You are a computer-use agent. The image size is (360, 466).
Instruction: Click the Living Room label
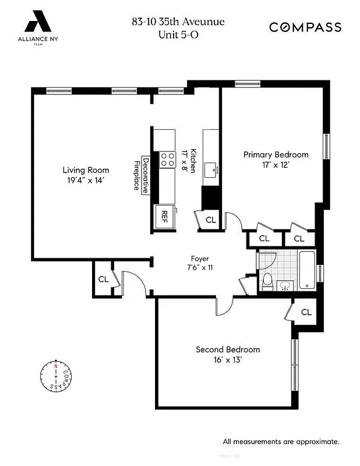tap(86, 170)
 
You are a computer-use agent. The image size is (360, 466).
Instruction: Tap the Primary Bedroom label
tap(276, 154)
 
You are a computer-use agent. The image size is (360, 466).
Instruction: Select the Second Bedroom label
tap(227, 349)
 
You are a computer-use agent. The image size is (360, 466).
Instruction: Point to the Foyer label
tap(200, 259)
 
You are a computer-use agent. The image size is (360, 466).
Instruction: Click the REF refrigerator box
tap(164, 214)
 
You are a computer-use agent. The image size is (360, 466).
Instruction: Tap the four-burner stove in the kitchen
tap(167, 159)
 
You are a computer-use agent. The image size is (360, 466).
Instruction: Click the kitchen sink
tap(211, 170)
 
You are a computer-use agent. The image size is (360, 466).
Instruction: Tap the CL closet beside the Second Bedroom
tap(306, 312)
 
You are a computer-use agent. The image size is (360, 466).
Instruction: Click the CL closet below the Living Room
tap(103, 279)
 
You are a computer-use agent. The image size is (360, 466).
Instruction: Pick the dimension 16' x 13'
tap(227, 360)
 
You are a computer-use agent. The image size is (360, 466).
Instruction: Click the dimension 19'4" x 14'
tap(86, 181)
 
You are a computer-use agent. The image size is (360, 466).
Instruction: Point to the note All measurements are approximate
tap(280, 441)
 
